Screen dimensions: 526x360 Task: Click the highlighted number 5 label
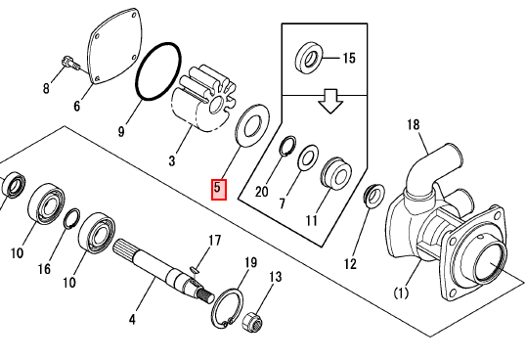(219, 190)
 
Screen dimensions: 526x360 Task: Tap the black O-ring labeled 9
(158, 71)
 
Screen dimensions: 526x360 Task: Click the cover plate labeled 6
(114, 46)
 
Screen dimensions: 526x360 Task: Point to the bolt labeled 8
(70, 64)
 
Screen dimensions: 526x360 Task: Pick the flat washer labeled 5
(252, 125)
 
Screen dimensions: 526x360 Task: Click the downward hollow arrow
(330, 101)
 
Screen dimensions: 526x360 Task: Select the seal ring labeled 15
(309, 58)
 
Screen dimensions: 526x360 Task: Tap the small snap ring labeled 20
(287, 146)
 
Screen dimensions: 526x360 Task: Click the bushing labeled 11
(336, 173)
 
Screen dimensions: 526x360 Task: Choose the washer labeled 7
(308, 157)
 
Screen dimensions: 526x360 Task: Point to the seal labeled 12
(374, 196)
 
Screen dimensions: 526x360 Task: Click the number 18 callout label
(414, 125)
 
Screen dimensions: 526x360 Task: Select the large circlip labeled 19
(228, 307)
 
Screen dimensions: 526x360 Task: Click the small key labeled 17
(195, 269)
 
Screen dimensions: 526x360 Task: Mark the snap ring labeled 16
(71, 218)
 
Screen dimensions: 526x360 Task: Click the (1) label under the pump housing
(401, 293)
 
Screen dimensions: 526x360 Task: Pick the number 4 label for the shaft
(133, 320)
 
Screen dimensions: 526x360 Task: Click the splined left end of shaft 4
(123, 248)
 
